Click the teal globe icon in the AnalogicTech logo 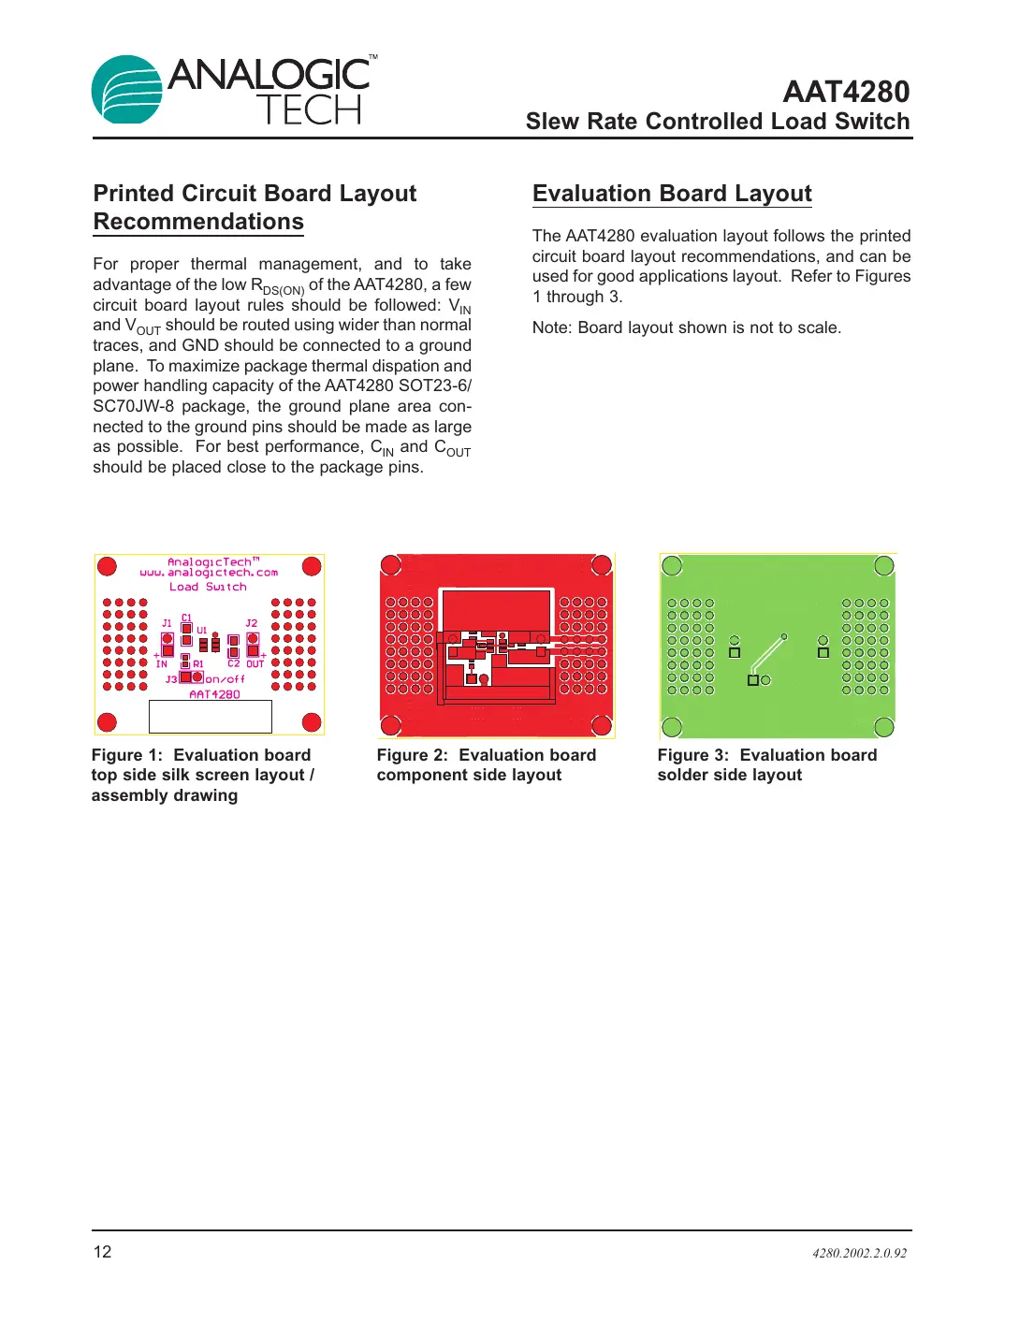click(127, 90)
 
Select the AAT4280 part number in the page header click(845, 92)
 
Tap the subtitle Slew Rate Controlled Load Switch click(717, 122)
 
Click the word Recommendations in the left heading click(198, 222)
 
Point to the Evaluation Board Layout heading click(672, 194)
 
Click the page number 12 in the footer click(102, 1252)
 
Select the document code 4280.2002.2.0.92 click(859, 1254)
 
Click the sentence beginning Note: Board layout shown click(686, 327)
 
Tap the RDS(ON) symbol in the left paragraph click(277, 286)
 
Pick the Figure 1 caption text click(202, 775)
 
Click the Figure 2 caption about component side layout click(486, 765)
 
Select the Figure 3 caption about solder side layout click(766, 765)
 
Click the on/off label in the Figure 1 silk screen click(225, 679)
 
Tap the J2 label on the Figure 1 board click(251, 623)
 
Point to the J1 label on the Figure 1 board click(167, 623)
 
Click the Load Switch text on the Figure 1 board click(208, 588)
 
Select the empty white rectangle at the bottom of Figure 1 click(211, 717)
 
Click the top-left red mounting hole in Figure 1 click(108, 566)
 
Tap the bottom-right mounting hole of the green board click(883, 727)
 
